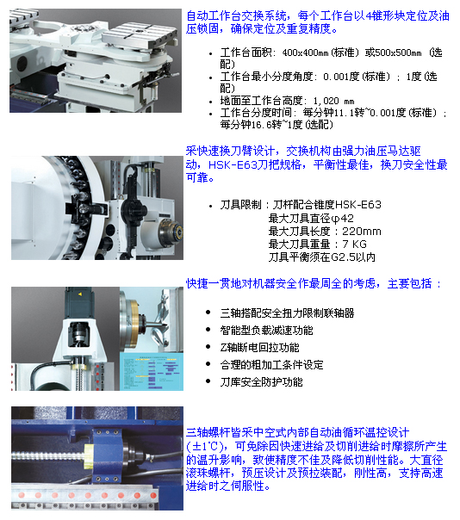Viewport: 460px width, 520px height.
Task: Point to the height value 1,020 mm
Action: pyautogui.click(x=333, y=101)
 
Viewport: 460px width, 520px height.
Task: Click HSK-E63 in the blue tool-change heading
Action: pyautogui.click(x=233, y=164)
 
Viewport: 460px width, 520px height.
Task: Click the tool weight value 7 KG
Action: pyautogui.click(x=354, y=245)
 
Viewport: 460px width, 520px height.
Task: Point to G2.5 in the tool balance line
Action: pyautogui.click(x=343, y=257)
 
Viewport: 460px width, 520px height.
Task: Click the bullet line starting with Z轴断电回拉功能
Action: pyautogui.click(x=259, y=348)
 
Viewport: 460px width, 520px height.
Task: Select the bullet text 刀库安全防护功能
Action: pyautogui.click(x=261, y=382)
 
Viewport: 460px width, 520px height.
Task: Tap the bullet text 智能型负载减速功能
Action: pyautogui.click(x=266, y=331)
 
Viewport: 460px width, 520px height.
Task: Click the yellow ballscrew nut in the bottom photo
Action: pyautogui.click(x=89, y=455)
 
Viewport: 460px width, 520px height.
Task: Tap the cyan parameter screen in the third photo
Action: pyautogui.click(x=152, y=371)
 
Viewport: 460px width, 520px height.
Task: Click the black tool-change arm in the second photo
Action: pyautogui.click(x=134, y=207)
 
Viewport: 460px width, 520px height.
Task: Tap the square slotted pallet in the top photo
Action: pyautogui.click(x=140, y=34)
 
